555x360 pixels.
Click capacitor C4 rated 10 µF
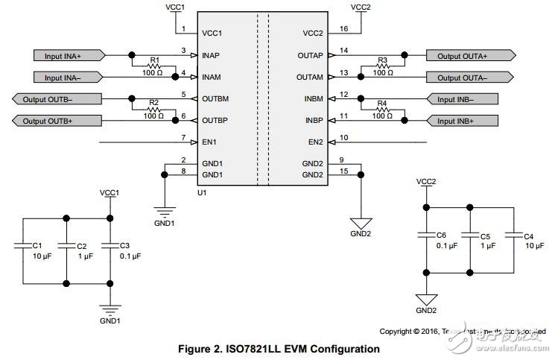(x=513, y=236)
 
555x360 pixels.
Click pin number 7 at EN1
(x=183, y=137)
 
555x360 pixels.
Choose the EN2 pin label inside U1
(x=313, y=142)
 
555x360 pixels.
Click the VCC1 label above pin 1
(x=176, y=7)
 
